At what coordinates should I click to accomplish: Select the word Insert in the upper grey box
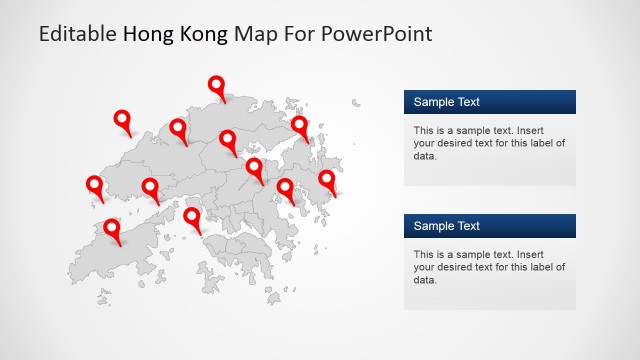531,130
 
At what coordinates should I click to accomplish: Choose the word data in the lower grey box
424,280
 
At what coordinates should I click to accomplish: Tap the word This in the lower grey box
424,254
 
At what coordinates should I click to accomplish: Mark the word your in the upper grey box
424,143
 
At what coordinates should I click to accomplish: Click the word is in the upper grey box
443,130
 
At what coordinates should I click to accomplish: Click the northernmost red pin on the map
216,87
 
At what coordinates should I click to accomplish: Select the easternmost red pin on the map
327,181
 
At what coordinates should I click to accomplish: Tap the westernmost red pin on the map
95,186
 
